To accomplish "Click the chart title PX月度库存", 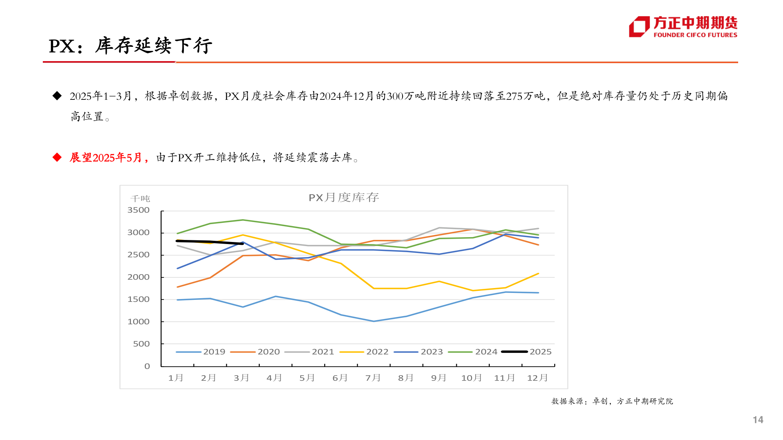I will click(x=343, y=198).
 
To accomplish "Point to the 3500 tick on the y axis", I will click(x=139, y=210).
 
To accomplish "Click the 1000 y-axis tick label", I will click(x=139, y=321).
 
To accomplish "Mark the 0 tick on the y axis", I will click(x=147, y=366).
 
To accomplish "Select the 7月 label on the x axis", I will click(x=373, y=378).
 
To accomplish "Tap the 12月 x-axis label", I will click(x=537, y=378).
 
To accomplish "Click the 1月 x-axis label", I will click(x=176, y=378).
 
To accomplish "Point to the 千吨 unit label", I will click(x=140, y=198).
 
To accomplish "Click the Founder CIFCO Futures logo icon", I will click(x=639, y=26).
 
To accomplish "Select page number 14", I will click(x=758, y=420).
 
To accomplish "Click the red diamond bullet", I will click(x=57, y=157).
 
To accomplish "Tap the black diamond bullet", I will click(x=57, y=96).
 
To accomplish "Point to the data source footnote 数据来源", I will click(x=612, y=401).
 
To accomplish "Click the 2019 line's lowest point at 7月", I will click(x=374, y=321).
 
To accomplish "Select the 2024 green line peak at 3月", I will click(x=243, y=220).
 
